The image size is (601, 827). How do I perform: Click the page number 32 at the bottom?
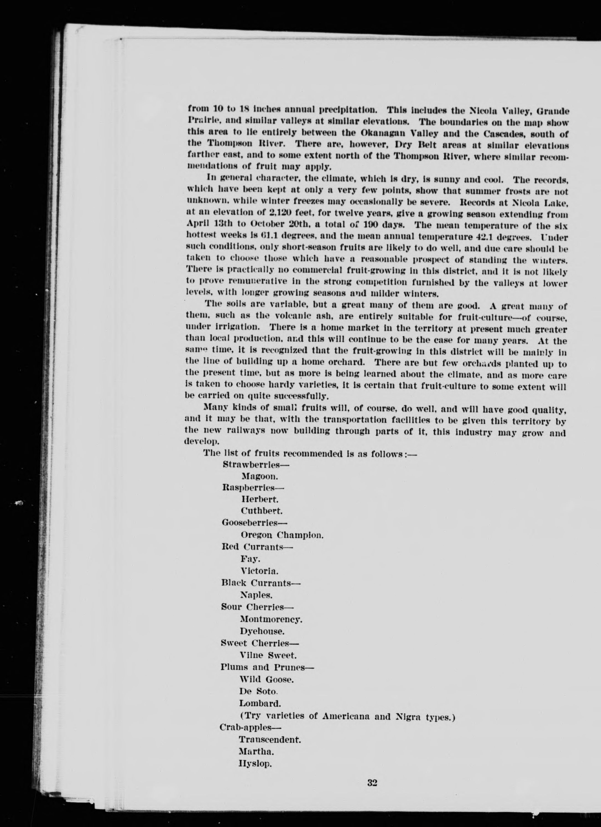pos(372,792)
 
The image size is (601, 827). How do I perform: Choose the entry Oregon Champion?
pos(282,535)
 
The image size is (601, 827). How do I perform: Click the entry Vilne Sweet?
pos(268,655)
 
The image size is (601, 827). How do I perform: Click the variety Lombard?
pos(260,703)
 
